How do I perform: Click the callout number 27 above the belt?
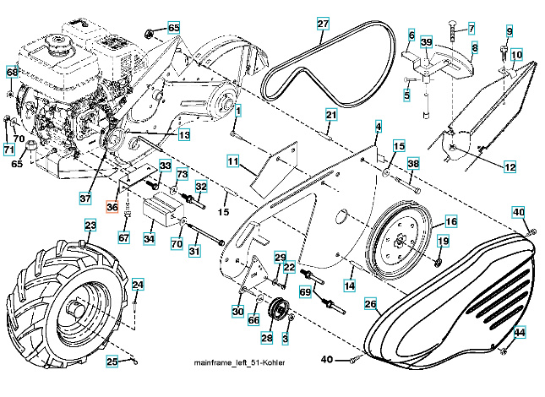[x=323, y=23]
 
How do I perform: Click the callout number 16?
[x=451, y=221]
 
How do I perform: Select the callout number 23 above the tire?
[x=90, y=226]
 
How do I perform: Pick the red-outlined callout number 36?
[x=112, y=205]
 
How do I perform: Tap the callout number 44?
[x=520, y=333]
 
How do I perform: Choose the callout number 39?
[x=427, y=41]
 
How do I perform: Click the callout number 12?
[x=510, y=168]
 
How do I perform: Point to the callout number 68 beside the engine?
[x=12, y=73]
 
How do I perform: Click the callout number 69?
[x=306, y=291]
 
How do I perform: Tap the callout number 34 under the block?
[x=150, y=239]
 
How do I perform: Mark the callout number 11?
[x=233, y=160]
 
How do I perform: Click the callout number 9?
[x=510, y=31]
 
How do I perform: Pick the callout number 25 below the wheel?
[x=111, y=362]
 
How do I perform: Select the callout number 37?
[x=84, y=198]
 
